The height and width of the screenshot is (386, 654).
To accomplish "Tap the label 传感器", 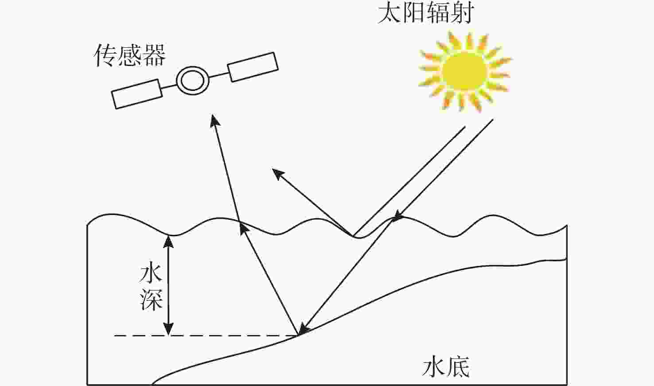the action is (129, 55).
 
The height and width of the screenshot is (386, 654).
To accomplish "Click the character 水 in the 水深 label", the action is (151, 274).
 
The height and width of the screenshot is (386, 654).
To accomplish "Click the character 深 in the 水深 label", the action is (151, 300).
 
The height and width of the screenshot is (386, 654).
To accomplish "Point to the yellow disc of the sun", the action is (464, 72).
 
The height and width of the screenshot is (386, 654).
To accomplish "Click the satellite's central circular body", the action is (193, 81).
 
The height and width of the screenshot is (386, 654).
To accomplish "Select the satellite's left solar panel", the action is (137, 94).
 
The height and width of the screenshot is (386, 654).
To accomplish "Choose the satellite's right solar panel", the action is (253, 67).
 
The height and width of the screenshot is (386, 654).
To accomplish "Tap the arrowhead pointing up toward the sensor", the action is (215, 120).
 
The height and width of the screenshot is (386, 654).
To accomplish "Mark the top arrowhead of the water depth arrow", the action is (168, 241).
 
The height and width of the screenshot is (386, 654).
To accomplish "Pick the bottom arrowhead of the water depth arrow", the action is (168, 329).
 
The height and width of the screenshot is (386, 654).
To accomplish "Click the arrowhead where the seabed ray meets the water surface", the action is (244, 230).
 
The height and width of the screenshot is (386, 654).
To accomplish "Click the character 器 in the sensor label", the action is (155, 55).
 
